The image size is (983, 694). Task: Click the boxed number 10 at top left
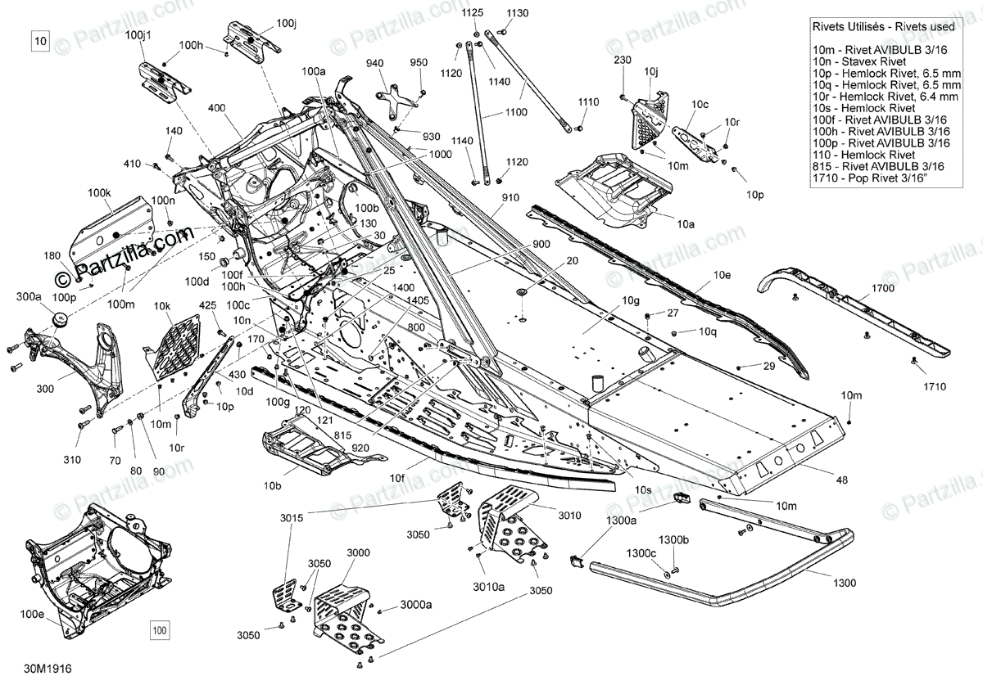(x=42, y=39)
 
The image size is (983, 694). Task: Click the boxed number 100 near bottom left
(x=159, y=630)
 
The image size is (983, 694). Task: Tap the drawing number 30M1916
(x=48, y=669)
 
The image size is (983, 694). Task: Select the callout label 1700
(x=883, y=288)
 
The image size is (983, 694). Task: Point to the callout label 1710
(x=933, y=386)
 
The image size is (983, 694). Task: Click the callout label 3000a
(x=415, y=605)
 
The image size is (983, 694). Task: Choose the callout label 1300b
(x=674, y=539)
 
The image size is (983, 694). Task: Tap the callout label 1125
(x=473, y=13)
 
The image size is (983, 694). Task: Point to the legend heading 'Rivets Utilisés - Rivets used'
(x=882, y=27)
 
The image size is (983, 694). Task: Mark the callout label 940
(x=374, y=63)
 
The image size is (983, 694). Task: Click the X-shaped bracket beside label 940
(x=393, y=96)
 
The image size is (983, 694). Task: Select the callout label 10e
(x=722, y=275)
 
